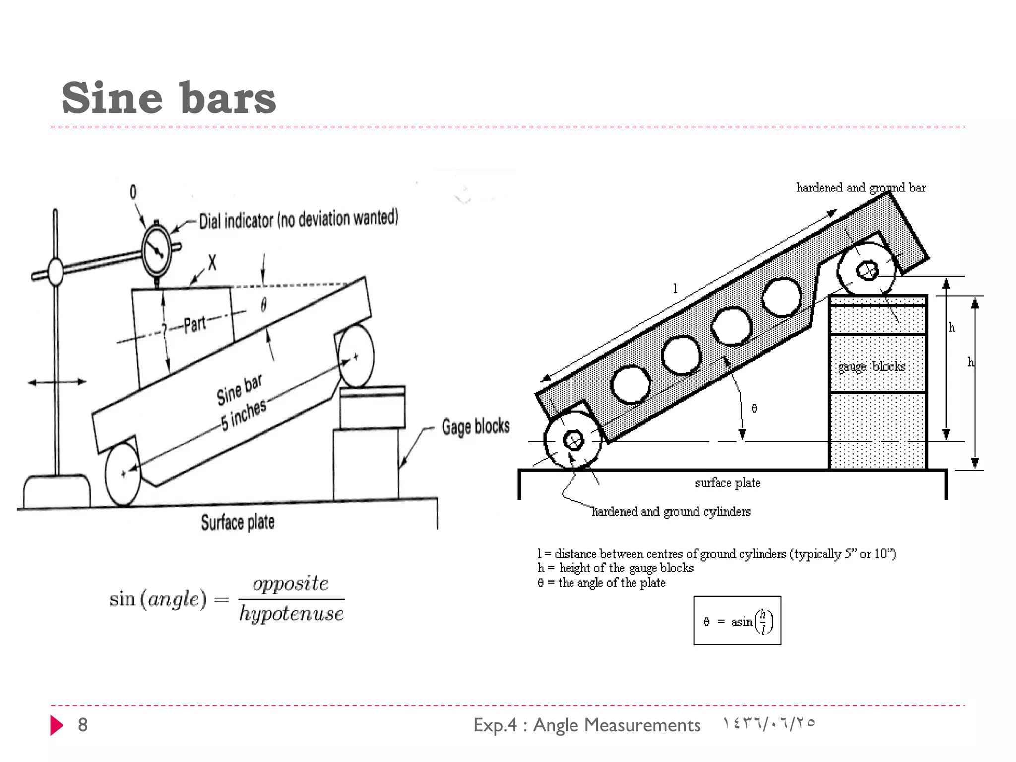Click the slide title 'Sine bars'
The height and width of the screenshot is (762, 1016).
[x=169, y=98]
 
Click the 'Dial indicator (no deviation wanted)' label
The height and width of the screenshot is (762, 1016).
[x=299, y=219]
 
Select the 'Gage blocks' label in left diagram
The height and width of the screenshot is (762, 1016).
[x=475, y=427]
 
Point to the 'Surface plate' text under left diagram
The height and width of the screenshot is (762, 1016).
[x=238, y=522]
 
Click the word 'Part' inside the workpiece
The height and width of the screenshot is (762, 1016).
[x=194, y=325]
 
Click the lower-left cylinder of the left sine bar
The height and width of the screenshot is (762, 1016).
[x=123, y=474]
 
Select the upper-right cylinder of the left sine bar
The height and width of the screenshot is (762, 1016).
[x=356, y=356]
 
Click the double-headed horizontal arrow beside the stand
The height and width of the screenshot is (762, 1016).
[x=57, y=381]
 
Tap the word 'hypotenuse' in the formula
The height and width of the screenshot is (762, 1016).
[x=291, y=614]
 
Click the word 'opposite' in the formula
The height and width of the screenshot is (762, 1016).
[x=291, y=583]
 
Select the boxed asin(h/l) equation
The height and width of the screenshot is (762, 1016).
[x=737, y=621]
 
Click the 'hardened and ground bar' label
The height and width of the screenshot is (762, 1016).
[x=861, y=188]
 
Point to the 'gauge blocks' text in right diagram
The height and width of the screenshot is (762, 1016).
[x=872, y=366]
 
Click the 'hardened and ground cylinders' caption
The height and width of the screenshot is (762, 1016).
[x=671, y=511]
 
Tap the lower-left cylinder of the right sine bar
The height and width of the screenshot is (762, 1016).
[x=573, y=440]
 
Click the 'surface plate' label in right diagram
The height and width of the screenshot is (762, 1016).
[x=727, y=483]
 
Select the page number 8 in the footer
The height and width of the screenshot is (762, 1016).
[x=83, y=725]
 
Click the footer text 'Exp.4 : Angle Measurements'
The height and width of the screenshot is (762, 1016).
[x=587, y=725]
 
